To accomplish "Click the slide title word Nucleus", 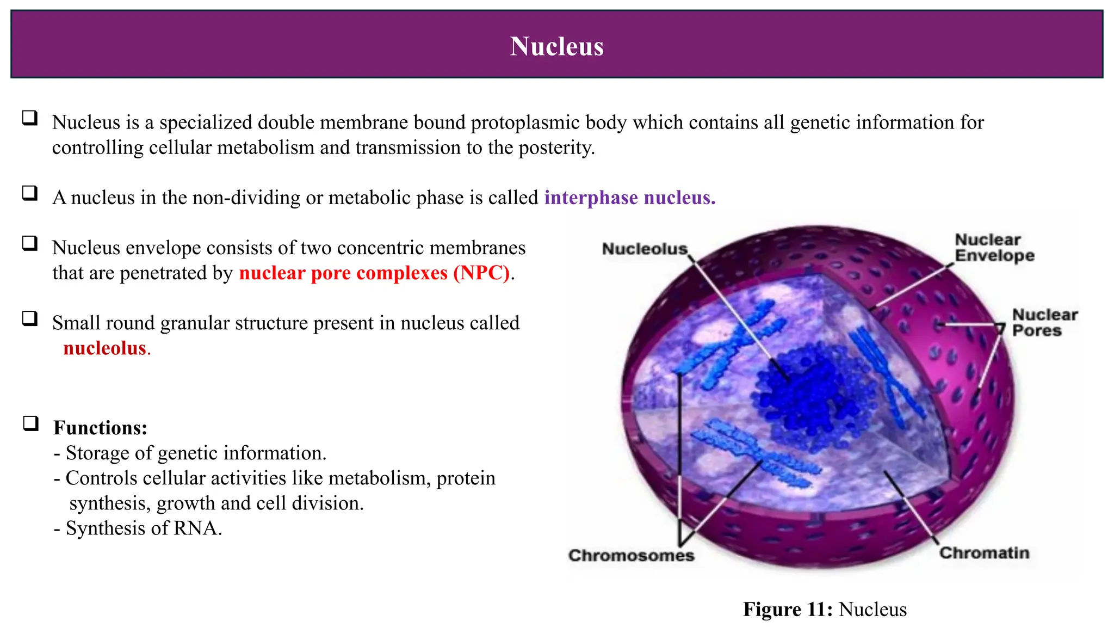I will (x=556, y=46).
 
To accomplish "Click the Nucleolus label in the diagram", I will (x=645, y=249).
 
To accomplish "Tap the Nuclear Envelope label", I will (x=994, y=248).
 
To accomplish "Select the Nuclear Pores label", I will (x=1044, y=323).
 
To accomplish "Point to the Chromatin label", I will (x=984, y=553).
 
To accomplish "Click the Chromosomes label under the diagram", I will (x=631, y=556).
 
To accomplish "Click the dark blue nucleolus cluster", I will (x=810, y=392).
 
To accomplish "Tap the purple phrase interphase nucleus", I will (x=629, y=198).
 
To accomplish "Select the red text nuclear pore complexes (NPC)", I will (x=374, y=273).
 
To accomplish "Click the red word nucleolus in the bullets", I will (x=105, y=348).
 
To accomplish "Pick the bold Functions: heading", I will (x=100, y=428).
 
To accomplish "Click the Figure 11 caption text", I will (x=825, y=609).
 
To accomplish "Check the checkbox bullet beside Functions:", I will (x=30, y=423).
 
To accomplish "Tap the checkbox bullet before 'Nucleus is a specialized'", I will (x=30, y=118).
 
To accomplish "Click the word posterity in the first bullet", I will (x=555, y=147).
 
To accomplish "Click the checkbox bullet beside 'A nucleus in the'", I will (x=30, y=193).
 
